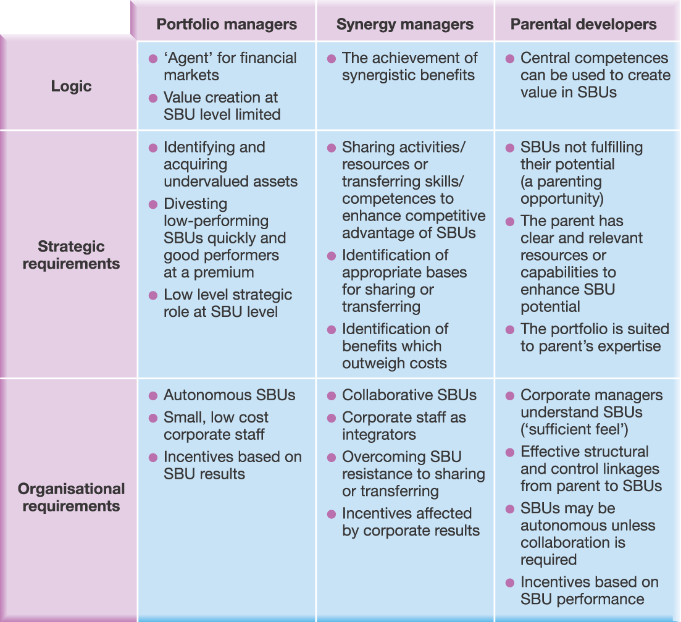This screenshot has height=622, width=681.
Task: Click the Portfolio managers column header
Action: (x=227, y=24)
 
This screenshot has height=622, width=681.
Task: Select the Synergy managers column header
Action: (x=405, y=24)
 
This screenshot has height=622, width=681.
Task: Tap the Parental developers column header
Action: (x=583, y=24)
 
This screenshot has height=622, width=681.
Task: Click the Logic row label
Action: (x=71, y=86)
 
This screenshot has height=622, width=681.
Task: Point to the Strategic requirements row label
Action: (x=71, y=255)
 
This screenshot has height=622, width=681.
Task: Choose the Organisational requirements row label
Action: (x=71, y=497)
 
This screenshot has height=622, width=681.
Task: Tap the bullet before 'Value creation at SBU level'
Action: (x=153, y=98)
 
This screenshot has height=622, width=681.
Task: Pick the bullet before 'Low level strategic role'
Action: (x=153, y=295)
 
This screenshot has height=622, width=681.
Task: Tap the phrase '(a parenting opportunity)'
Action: (x=562, y=190)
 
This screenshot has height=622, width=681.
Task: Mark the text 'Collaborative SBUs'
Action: (x=409, y=395)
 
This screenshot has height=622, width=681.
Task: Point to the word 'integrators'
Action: (x=378, y=435)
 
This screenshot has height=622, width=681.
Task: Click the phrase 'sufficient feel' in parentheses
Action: (x=575, y=429)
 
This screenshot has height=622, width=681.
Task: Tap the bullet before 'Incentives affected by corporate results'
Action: (x=332, y=515)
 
